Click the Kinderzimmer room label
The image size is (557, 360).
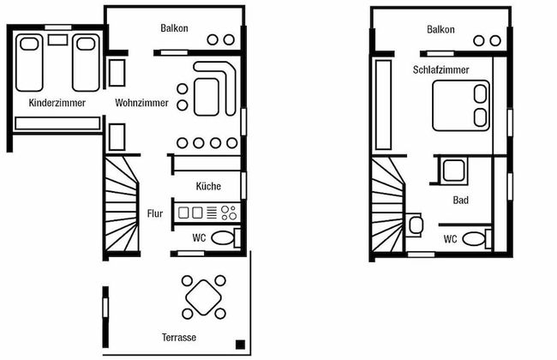tap(57, 103)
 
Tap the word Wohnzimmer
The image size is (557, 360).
tap(141, 103)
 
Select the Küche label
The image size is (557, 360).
tap(208, 186)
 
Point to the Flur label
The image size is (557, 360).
tap(155, 213)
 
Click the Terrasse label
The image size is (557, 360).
tap(179, 337)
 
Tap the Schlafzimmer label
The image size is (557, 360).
tap(440, 69)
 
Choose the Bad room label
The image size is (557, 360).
tap(461, 200)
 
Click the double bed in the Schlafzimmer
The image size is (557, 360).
tap(461, 105)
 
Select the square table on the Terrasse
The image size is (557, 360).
tap(204, 297)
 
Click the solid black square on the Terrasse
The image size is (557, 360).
tap(241, 345)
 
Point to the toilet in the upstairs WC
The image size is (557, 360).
tap(477, 239)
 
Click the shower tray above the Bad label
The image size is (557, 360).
tap(453, 171)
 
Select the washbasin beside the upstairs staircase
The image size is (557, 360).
tap(414, 225)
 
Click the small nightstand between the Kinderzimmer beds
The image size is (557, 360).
tap(57, 39)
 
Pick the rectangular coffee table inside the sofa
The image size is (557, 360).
tap(207, 97)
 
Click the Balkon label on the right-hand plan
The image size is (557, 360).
tap(440, 29)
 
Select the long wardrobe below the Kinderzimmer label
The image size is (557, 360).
tap(57, 123)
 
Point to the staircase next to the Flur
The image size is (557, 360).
tap(122, 205)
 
